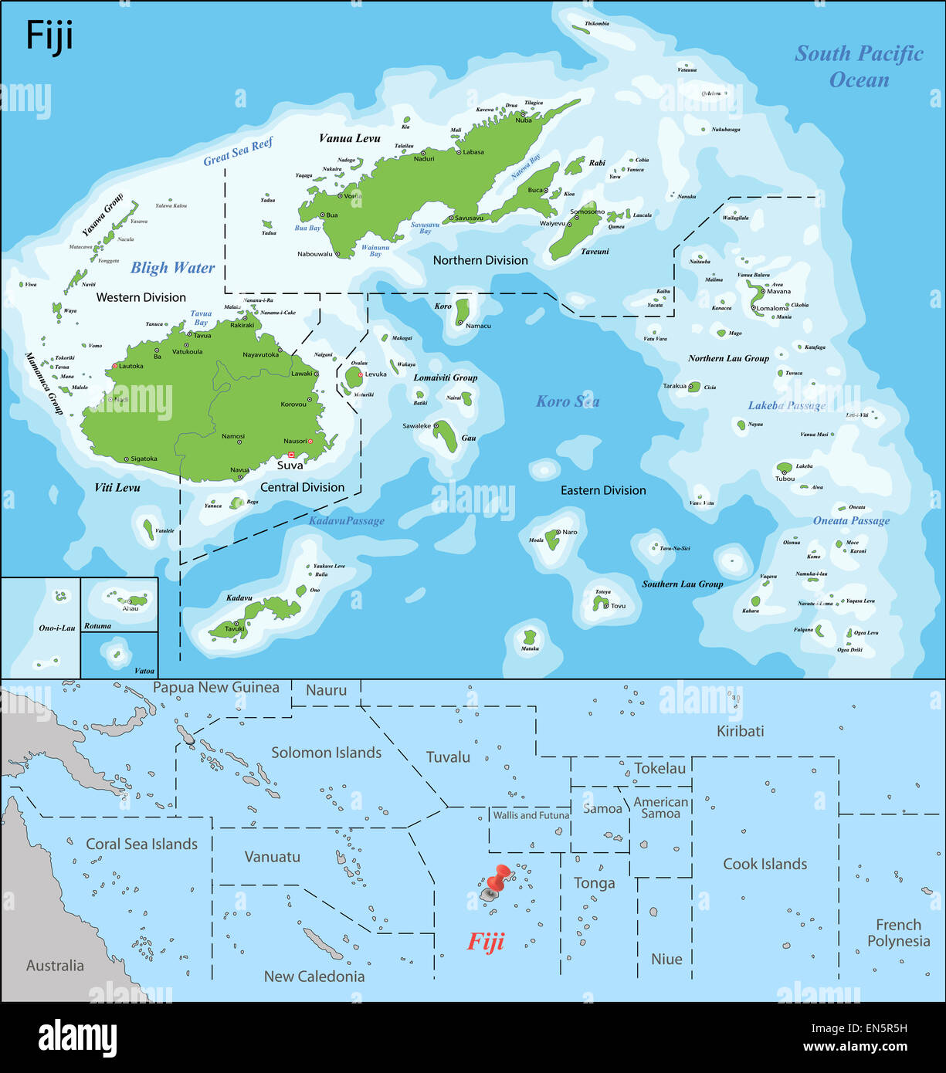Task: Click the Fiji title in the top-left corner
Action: point(49,36)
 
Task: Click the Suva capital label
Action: point(290,465)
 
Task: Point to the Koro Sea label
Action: point(568,401)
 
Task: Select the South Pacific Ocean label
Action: point(859,66)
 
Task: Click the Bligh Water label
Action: point(172,268)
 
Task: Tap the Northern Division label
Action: point(480,260)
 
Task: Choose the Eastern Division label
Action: point(603,490)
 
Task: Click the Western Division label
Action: point(141,297)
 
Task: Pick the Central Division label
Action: point(302,487)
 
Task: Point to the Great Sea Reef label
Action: point(238,152)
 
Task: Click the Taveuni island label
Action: point(595,252)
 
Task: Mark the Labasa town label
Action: point(473,152)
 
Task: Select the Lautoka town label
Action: point(131,366)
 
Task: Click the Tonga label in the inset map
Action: point(594,883)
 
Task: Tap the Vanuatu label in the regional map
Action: point(272,857)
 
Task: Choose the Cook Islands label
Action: point(765,864)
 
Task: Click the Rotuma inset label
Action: point(97,626)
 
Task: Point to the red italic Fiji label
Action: point(486,942)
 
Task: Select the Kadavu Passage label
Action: point(346,521)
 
